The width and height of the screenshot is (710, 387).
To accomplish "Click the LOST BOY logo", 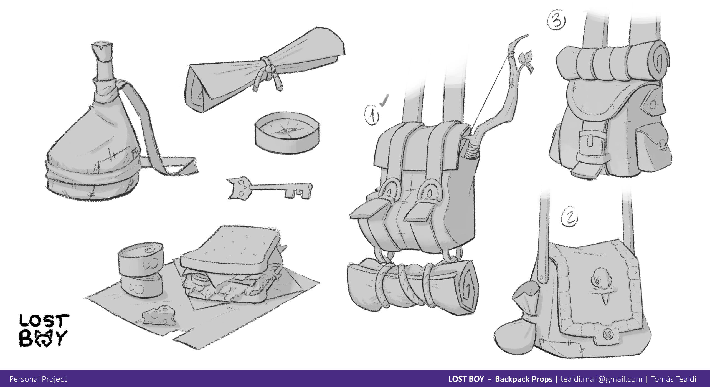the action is (x=44, y=330).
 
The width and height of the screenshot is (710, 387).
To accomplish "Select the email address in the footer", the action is (x=601, y=379).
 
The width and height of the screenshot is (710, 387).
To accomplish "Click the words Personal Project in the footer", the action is (x=38, y=379).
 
